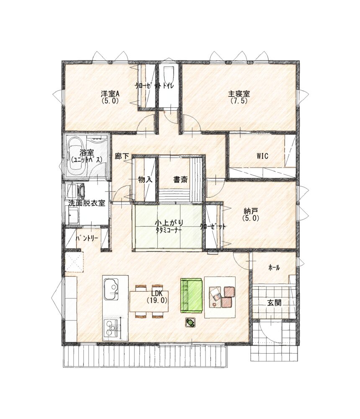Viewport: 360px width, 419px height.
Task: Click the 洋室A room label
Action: [110, 94]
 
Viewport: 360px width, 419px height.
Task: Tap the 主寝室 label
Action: [239, 94]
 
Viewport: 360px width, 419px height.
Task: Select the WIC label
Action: [262, 156]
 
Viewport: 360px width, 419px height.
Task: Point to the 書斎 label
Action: [180, 180]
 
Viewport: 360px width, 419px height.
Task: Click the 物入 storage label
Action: [145, 180]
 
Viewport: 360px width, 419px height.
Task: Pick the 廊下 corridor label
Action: [122, 156]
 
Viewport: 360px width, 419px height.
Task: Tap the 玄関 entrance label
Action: [274, 303]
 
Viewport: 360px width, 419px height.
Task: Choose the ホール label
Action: [274, 267]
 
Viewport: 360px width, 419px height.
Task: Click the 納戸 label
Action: [250, 211]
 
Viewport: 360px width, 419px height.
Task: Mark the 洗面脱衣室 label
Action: [87, 203]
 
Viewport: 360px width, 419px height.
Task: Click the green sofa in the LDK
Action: [191, 295]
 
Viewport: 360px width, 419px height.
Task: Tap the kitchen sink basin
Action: [111, 290]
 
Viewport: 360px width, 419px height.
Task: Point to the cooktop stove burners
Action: [112, 328]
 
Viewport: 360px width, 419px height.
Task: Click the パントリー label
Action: [87, 238]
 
